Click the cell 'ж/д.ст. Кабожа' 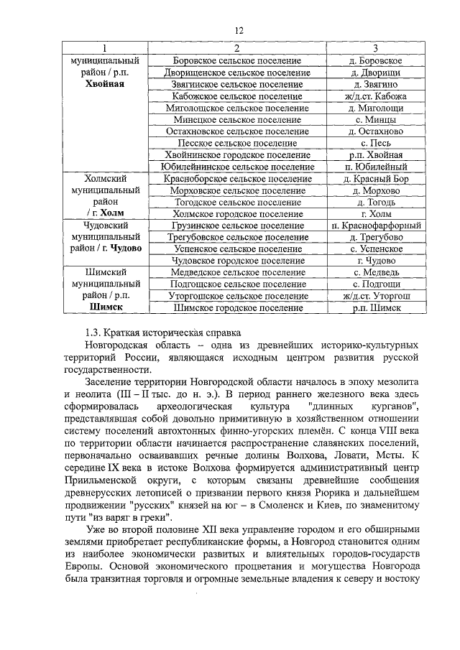point(375,96)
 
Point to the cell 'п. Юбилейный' point(375,167)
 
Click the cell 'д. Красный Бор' point(375,178)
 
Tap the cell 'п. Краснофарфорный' point(375,226)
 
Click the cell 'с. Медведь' point(375,272)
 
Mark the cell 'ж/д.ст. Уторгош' point(375,296)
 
